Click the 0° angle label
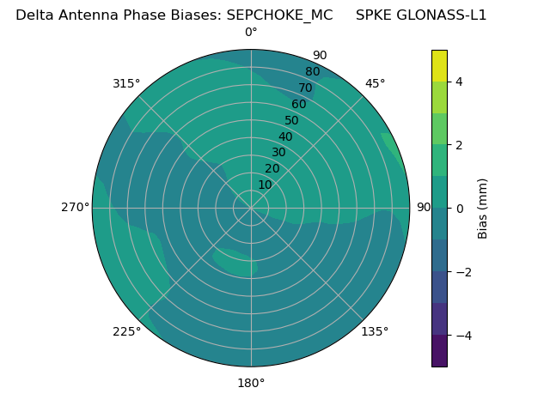(x=251, y=33)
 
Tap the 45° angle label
(x=375, y=83)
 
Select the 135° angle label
(x=375, y=331)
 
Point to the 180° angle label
(x=251, y=383)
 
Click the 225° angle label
(x=126, y=331)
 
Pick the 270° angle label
(x=75, y=208)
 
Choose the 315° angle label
(x=126, y=83)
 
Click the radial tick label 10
(x=265, y=185)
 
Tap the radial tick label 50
(x=291, y=120)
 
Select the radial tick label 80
(x=312, y=72)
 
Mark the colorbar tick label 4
(x=459, y=82)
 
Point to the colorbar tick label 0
(x=459, y=208)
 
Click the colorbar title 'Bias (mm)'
(x=483, y=208)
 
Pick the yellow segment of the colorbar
(x=439, y=65)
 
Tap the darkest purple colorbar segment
(x=439, y=350)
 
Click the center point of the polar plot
(x=251, y=208)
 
